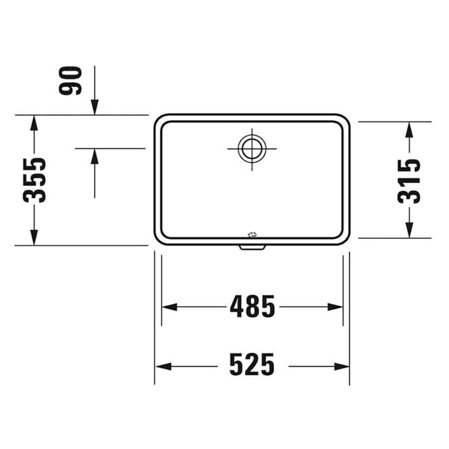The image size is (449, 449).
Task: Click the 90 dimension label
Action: coord(70,80)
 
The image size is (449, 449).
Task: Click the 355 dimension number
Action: coord(34,180)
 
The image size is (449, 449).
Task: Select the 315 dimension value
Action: coord(409,181)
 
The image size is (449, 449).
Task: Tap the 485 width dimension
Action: coord(252,306)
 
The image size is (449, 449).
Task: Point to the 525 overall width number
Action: coord(252,364)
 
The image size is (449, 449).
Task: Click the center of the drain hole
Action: coord(252,149)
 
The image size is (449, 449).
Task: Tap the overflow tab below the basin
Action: coord(252,247)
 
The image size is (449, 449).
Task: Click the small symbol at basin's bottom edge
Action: coord(252,235)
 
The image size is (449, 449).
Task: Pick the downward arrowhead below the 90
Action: coord(95,107)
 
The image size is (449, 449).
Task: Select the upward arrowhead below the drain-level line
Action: coord(95,156)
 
